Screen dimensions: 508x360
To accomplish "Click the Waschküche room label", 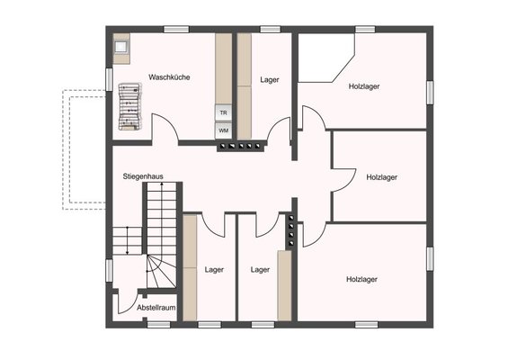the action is click(169, 77).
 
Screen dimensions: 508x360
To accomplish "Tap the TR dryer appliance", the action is click(224, 112).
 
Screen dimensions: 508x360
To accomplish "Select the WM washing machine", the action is click(224, 130).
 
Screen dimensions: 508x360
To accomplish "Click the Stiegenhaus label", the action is click(143, 176).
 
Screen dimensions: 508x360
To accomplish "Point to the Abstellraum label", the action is click(156, 308).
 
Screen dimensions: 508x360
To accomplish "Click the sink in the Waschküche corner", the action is click(121, 48).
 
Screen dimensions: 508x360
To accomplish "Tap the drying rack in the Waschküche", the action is click(129, 107).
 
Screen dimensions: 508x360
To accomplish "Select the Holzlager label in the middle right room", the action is click(381, 177).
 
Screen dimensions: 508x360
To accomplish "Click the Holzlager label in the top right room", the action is click(364, 86).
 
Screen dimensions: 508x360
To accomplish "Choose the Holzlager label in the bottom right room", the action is click(361, 279).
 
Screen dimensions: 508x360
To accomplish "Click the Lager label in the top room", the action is click(270, 80).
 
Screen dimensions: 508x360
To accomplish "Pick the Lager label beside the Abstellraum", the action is click(214, 269).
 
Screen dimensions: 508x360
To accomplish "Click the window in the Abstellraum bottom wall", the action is click(159, 325).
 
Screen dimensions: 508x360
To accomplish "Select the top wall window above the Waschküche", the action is click(176, 30).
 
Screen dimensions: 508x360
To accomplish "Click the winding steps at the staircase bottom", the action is click(161, 272).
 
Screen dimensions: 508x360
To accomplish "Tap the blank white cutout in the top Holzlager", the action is click(324, 58).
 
